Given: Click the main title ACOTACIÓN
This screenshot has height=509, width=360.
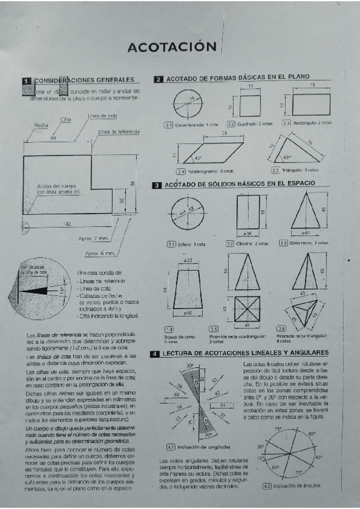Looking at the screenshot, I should (172, 47).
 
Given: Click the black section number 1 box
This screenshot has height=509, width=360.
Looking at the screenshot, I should (26, 80).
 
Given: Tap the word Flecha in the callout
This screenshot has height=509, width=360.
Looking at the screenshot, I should (41, 125).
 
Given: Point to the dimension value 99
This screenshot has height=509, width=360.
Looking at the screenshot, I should (53, 138).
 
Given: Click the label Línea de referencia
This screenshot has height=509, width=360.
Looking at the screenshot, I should (119, 131).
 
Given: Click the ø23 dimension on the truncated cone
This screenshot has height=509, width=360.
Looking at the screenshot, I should (187, 260).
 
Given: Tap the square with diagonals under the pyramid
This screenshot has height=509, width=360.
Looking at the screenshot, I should (247, 309).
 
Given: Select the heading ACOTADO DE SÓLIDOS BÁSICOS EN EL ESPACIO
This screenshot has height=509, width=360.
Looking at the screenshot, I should (240, 185).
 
